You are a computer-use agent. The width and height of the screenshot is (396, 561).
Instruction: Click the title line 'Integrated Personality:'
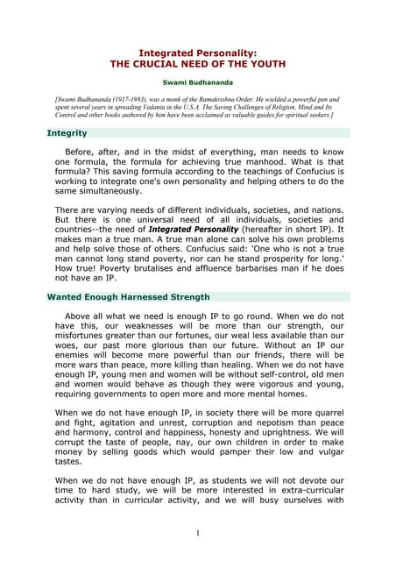point(199,53)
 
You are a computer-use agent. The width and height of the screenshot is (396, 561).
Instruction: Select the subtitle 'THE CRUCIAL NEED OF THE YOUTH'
point(199,65)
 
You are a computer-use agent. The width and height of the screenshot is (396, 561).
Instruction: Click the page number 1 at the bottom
point(198,534)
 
